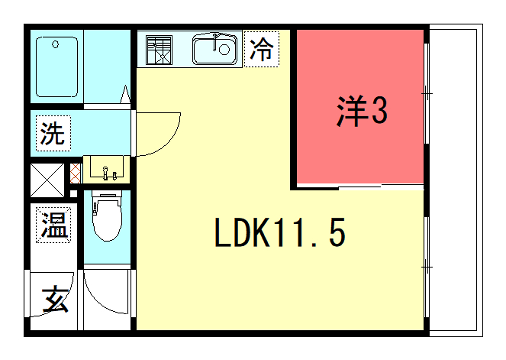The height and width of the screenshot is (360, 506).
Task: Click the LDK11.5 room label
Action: [280, 235]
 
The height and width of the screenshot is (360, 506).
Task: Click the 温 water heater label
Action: [54, 225]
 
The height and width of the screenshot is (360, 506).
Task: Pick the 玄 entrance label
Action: [55, 300]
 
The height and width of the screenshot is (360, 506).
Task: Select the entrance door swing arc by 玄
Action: [108, 300]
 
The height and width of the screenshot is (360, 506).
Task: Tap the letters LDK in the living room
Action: [241, 235]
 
